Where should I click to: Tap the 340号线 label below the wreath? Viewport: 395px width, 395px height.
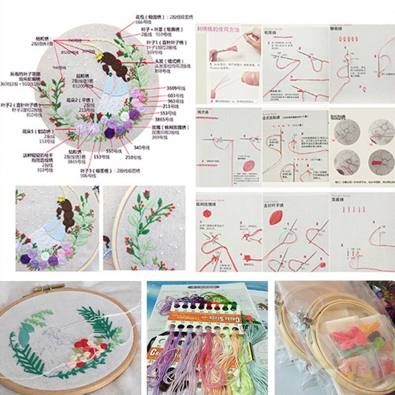pos(140,147)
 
